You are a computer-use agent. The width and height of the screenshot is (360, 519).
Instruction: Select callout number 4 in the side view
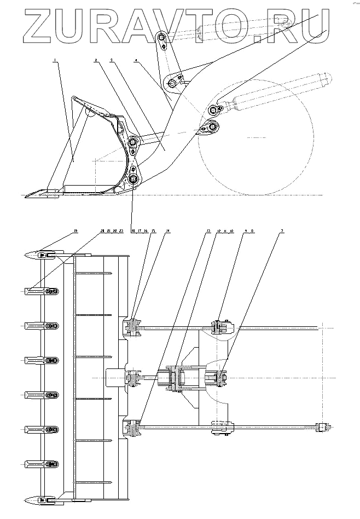pos(135,62)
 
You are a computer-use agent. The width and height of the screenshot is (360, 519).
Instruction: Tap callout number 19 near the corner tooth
pos(77,232)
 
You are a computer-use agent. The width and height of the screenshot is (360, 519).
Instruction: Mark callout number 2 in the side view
pos(96,62)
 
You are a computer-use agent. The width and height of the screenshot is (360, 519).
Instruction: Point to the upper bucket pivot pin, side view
pos(133,143)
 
